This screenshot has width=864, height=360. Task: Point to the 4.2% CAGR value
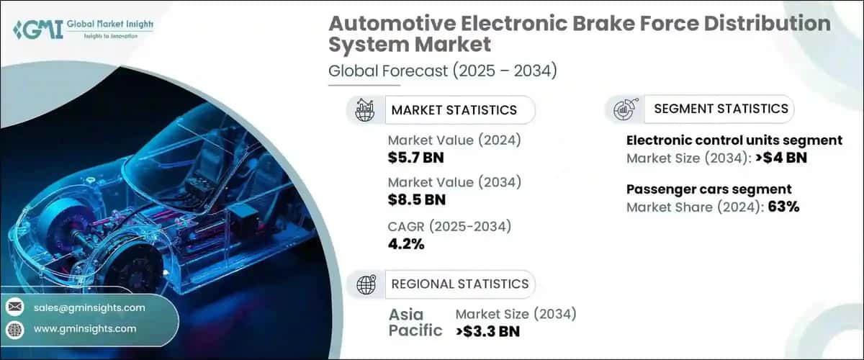[406, 244]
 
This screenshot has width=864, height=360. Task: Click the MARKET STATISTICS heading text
[454, 110]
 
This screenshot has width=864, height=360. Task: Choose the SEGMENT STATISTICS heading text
[721, 109]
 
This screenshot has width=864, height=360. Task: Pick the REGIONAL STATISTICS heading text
[459, 283]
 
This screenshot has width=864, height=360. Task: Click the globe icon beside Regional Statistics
[366, 284]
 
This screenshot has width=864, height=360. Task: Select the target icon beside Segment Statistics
[624, 109]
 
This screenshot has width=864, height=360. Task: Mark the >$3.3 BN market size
[488, 331]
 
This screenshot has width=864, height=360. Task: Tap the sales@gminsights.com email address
[89, 307]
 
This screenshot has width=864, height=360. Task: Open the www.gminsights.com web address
[85, 328]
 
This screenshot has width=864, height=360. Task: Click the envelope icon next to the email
[14, 307]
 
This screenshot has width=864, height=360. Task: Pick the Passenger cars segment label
[709, 189]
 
